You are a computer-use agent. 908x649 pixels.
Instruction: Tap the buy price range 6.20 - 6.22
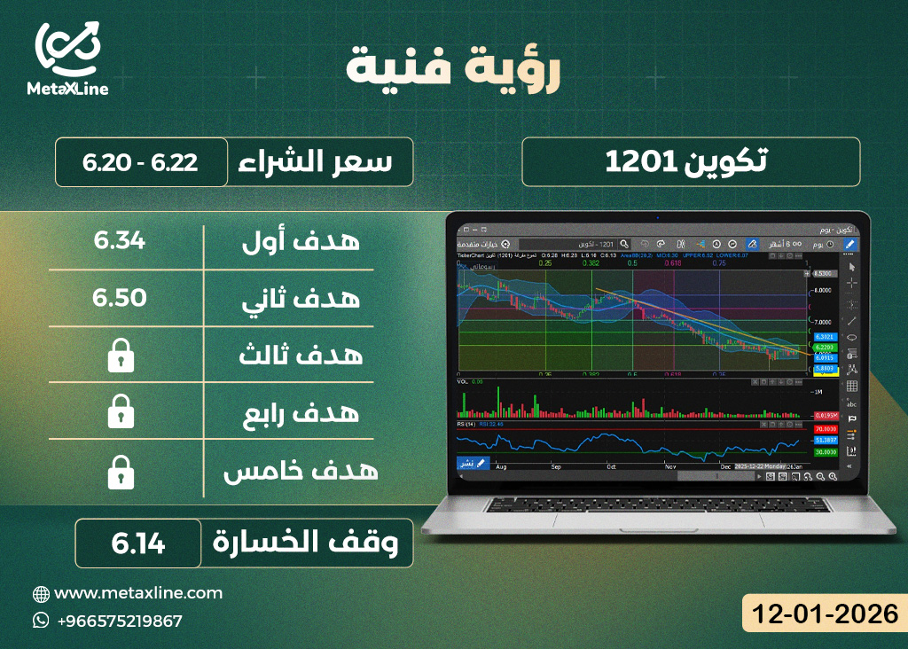coord(140,162)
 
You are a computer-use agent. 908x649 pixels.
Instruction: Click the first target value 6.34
coord(120,240)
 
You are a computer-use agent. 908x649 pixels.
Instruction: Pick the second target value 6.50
coord(120,298)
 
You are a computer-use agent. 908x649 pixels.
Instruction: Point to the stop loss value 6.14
coord(138,543)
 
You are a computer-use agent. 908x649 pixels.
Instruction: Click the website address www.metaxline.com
coord(138,593)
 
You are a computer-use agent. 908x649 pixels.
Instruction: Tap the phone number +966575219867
coord(120,621)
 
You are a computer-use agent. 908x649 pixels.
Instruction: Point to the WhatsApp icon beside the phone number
coord(41,621)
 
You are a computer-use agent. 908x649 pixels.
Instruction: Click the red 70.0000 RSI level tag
coord(826,429)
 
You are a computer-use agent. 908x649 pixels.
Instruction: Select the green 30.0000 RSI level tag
coord(826,451)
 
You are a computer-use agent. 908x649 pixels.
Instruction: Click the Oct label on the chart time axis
coord(610,465)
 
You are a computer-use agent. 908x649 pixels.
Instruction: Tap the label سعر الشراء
coord(317,162)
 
